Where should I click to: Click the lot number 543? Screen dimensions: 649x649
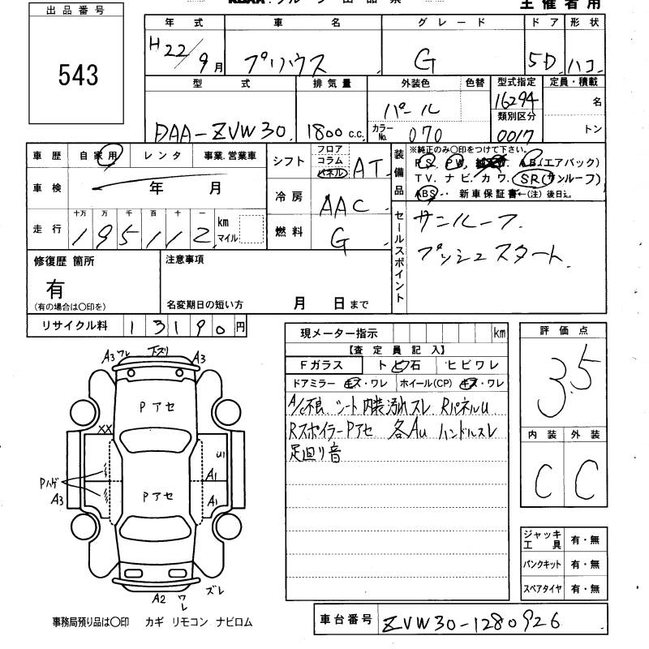[x=78, y=75]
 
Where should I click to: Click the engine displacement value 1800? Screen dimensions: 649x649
[x=324, y=131]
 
